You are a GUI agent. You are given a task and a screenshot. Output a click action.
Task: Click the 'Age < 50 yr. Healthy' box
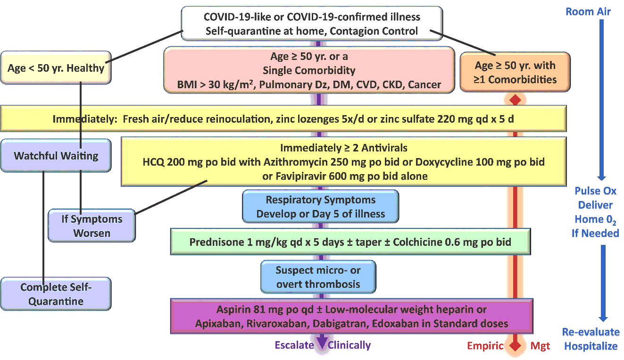[x=56, y=68]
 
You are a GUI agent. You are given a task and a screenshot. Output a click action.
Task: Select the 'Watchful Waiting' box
[x=56, y=156]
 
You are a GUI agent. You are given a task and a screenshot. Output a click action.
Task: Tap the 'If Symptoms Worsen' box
[x=92, y=226]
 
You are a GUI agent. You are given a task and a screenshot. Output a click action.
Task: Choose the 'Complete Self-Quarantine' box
[x=56, y=294]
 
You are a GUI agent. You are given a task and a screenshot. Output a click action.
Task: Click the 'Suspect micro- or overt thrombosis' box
[x=318, y=277]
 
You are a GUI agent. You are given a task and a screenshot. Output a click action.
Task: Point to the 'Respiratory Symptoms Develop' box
[x=320, y=207]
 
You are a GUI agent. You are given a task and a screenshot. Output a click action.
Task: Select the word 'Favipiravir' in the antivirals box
[x=301, y=176]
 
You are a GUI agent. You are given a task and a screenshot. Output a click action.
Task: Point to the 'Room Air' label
[x=588, y=11]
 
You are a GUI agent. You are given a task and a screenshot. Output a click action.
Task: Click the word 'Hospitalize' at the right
[x=591, y=346]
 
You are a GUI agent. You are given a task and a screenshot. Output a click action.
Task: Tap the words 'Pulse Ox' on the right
[x=595, y=191]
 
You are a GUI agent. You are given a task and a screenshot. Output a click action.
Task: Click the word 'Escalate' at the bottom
[x=294, y=345]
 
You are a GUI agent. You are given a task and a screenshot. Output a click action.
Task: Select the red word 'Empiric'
[x=486, y=346]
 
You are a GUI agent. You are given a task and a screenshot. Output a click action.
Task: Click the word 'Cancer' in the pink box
[x=424, y=85]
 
